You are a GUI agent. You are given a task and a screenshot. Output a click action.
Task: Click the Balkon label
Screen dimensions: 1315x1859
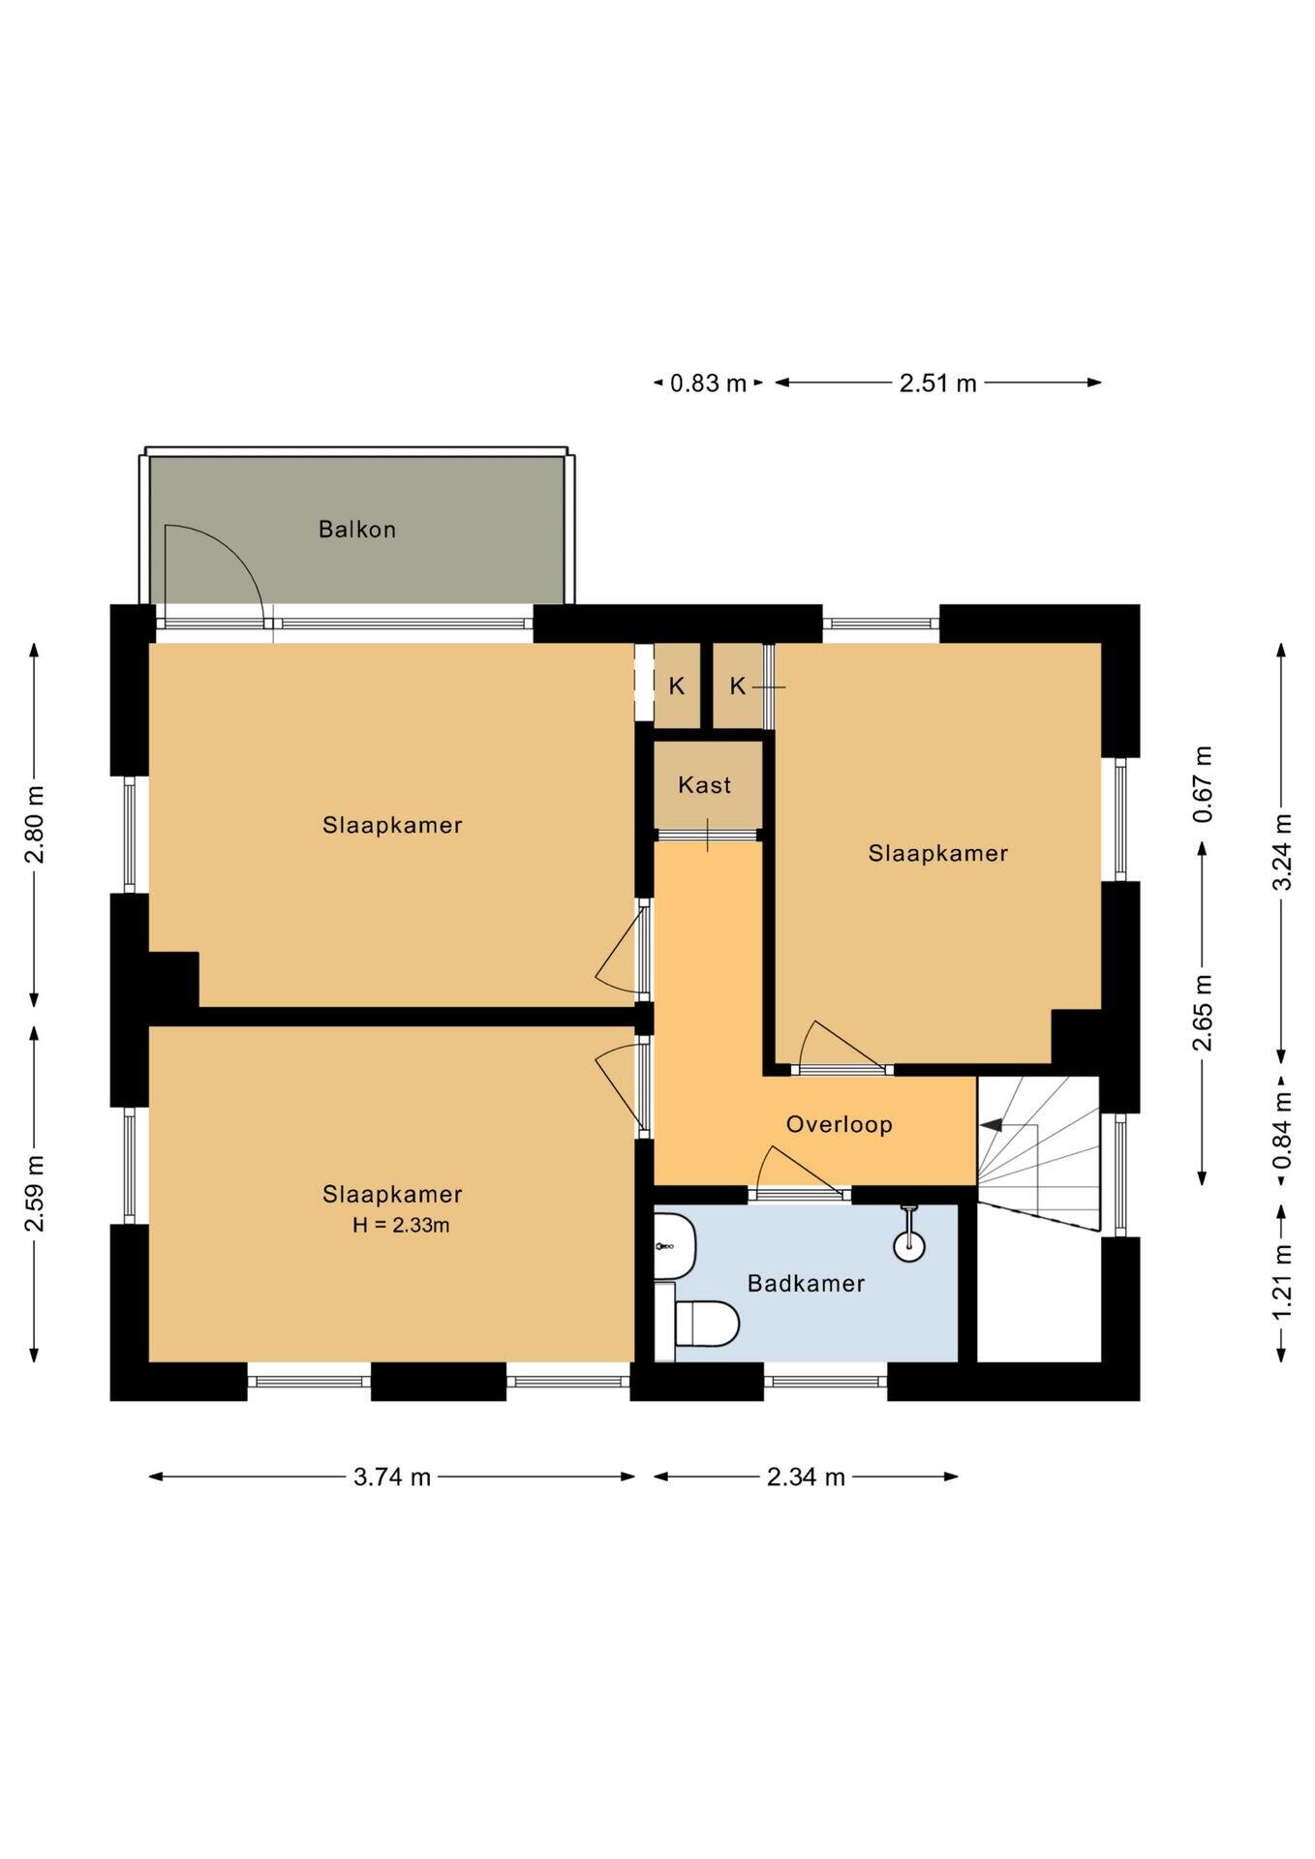357,530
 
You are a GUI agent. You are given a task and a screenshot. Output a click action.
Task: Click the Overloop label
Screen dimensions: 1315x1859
839,1124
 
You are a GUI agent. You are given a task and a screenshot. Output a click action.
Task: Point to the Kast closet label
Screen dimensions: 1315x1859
705,785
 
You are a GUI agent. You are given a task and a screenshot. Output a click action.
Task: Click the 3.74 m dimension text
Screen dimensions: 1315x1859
392,1477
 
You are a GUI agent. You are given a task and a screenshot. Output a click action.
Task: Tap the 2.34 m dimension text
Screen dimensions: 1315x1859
806,1477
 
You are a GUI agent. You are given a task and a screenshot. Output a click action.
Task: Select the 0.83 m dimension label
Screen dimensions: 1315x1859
709,383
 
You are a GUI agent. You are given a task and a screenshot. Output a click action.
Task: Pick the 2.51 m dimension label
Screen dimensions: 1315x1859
938,383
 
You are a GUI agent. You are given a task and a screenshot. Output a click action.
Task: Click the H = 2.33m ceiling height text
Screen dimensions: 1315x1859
401,1225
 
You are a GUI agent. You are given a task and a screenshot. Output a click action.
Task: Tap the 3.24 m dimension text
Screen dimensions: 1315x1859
1283,852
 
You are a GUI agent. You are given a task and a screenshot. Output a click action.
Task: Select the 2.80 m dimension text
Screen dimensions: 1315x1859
35,825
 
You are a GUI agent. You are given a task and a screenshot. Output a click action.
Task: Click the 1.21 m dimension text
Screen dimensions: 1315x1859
1283,1282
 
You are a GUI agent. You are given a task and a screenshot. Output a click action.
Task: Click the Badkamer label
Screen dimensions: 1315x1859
806,1283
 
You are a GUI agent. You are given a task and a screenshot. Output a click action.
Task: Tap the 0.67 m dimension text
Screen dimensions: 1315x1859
1203,784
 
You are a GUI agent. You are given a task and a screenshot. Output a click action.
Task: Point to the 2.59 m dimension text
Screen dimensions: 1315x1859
35,1194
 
